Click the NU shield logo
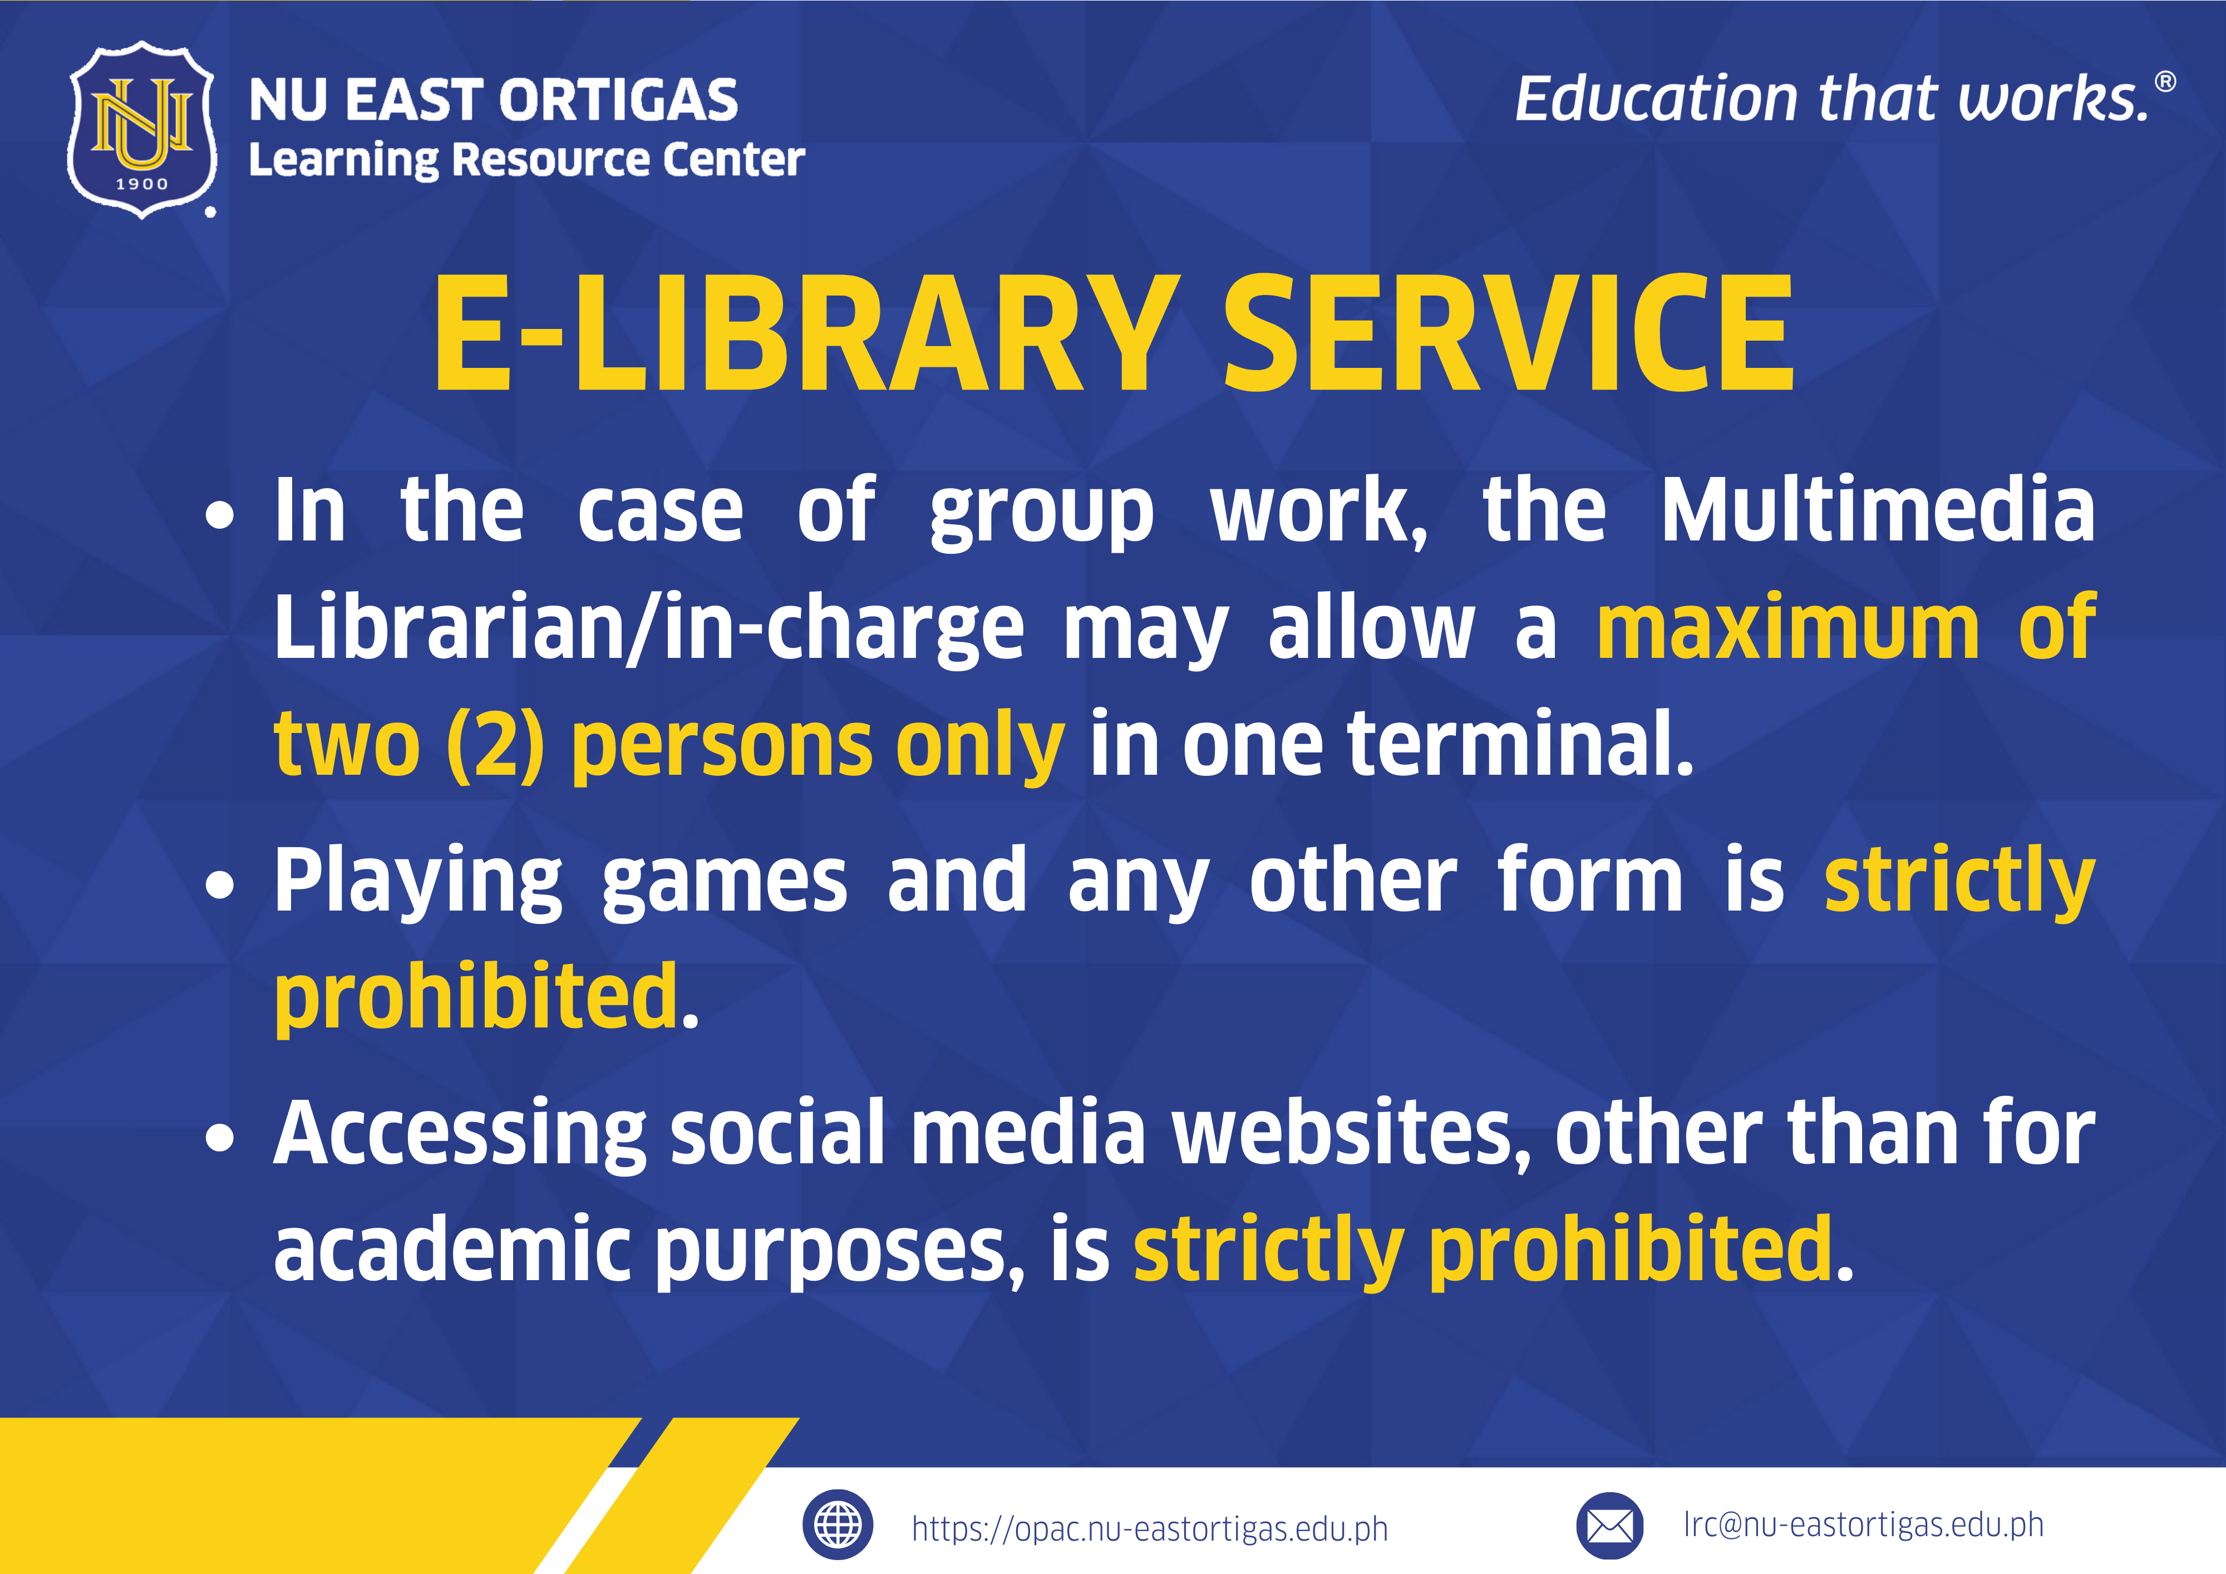click(x=141, y=130)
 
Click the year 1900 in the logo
click(x=141, y=183)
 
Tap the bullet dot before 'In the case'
click(x=220, y=516)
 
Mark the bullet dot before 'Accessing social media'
click(x=220, y=1137)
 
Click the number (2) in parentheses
click(x=495, y=745)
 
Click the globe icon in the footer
click(x=838, y=1524)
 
